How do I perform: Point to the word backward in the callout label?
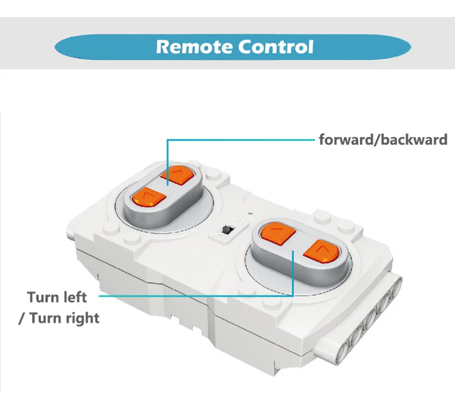414,139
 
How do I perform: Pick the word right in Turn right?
82,317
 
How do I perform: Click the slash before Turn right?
21,318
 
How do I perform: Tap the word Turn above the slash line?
43,298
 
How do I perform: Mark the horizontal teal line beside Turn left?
196,296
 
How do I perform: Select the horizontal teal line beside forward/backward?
241,140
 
